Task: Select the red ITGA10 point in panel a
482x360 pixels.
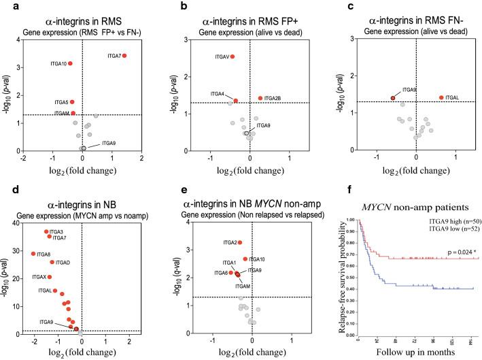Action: point(69,63)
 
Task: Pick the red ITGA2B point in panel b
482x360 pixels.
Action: point(260,98)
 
